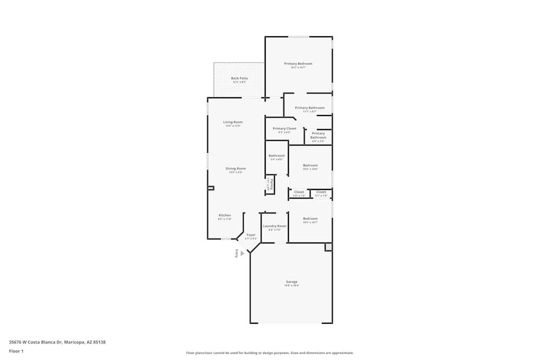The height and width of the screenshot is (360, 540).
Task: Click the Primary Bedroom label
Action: [298, 64]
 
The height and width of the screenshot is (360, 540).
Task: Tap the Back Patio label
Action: [239, 78]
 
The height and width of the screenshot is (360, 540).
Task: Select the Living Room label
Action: [233, 122]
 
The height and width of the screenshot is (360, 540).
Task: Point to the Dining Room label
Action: [235, 168]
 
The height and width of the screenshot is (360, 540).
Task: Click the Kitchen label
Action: [225, 215]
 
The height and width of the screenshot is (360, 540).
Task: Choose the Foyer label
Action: [251, 235]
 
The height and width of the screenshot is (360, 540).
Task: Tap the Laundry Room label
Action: [274, 226]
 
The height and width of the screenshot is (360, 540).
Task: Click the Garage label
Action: [292, 282]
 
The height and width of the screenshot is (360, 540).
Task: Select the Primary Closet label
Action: [284, 128]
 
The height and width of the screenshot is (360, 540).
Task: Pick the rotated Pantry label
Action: [269, 185]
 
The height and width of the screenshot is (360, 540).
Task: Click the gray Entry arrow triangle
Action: [242, 253]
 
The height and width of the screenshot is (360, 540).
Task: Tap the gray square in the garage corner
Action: [328, 247]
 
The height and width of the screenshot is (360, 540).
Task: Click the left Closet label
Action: [299, 192]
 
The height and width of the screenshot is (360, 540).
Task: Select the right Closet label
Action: [321, 192]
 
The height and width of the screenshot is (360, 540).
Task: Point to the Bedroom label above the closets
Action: [310, 165]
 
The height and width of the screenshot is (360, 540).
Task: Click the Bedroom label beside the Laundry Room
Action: [310, 219]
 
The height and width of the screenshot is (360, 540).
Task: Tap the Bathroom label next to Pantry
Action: [276, 156]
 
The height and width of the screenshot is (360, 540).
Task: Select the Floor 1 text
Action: [16, 351]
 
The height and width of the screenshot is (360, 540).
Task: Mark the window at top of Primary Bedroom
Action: [298, 37]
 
